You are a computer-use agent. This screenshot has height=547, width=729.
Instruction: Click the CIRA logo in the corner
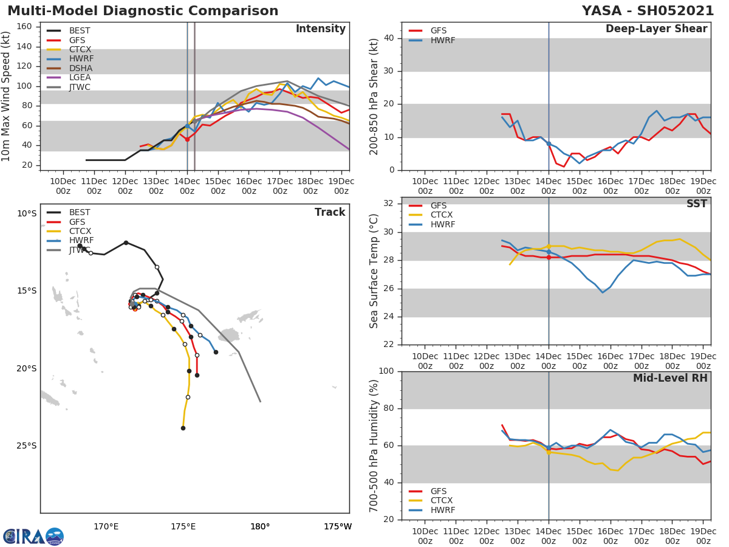[x=33, y=536]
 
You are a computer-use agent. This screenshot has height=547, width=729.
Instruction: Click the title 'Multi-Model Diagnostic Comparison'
[x=143, y=11]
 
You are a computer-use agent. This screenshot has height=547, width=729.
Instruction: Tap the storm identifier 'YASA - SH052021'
[x=648, y=11]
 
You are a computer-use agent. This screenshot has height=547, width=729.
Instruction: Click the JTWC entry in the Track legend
[x=80, y=250]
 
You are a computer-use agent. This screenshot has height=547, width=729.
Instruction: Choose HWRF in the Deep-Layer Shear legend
[x=442, y=40]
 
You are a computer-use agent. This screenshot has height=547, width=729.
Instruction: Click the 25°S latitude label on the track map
[x=27, y=446]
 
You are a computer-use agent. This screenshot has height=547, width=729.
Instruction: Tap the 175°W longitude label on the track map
[x=337, y=526]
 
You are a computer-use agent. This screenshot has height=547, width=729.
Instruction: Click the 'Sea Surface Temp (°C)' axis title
[x=374, y=271]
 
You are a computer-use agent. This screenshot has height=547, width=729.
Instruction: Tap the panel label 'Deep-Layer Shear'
[x=656, y=29]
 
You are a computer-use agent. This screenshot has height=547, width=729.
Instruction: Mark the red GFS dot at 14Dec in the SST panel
[x=549, y=257]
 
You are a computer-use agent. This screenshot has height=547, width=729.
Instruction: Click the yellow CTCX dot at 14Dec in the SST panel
[x=549, y=246]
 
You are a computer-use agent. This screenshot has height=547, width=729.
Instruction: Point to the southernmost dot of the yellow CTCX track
[x=183, y=428]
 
